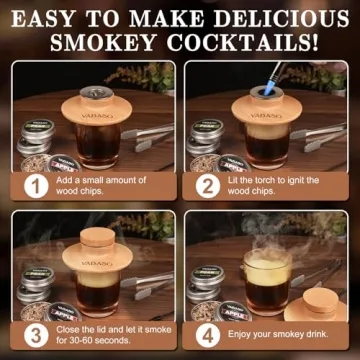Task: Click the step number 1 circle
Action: coord(37,185)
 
